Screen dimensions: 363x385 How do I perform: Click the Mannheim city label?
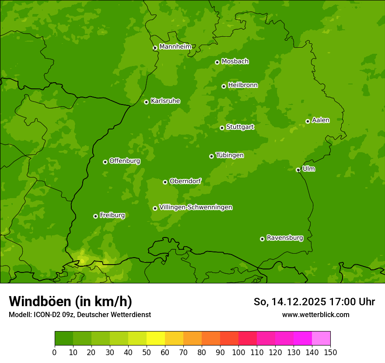pos(175,47)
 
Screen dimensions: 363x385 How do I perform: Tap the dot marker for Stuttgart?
pos(222,128)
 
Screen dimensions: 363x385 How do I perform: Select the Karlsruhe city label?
pos(165,101)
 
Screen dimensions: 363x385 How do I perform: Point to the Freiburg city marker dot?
pos(95,216)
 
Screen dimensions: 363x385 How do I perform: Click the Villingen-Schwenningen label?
pos(196,207)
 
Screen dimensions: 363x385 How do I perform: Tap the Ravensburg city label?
pos(285,238)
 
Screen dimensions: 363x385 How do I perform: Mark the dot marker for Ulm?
pos(298,170)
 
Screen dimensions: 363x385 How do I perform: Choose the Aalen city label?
pos(321,120)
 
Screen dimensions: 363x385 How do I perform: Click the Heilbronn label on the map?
pos(243,85)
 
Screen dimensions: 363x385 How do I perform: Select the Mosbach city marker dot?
pos(217,62)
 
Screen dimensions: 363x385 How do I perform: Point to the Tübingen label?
pos(230,155)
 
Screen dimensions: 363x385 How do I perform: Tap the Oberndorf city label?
pos(185,181)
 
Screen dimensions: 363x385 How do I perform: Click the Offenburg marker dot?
pos(105,162)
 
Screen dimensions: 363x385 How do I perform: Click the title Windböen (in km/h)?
pos(70,301)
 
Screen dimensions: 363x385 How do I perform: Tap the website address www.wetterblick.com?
pos(315,314)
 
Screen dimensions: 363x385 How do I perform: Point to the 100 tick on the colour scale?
pos(238,352)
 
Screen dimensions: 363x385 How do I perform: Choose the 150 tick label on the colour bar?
pos(330,352)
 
